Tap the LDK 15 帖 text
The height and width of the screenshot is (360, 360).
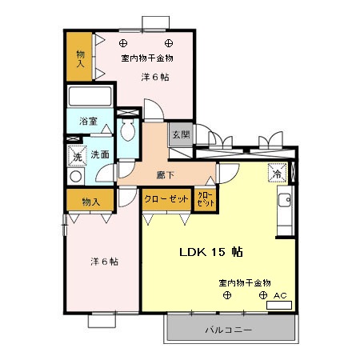pyautogui.click(x=211, y=252)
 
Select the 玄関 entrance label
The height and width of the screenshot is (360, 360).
pyautogui.click(x=180, y=135)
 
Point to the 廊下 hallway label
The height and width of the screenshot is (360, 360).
pyautogui.click(x=166, y=175)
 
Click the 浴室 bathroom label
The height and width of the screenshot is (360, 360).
pyautogui.click(x=88, y=122)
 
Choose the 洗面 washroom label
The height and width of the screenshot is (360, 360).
pyautogui.click(x=100, y=154)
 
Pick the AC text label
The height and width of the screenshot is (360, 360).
pyautogui.click(x=280, y=295)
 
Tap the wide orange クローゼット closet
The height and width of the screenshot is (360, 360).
pyautogui.click(x=166, y=198)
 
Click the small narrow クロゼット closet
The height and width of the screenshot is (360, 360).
pyautogui.click(x=206, y=198)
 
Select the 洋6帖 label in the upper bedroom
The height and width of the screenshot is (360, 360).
pyautogui.click(x=154, y=77)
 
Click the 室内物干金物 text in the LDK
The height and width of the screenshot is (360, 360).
pyautogui.click(x=245, y=282)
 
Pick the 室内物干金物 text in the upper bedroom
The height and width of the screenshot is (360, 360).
pyautogui.click(x=147, y=58)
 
